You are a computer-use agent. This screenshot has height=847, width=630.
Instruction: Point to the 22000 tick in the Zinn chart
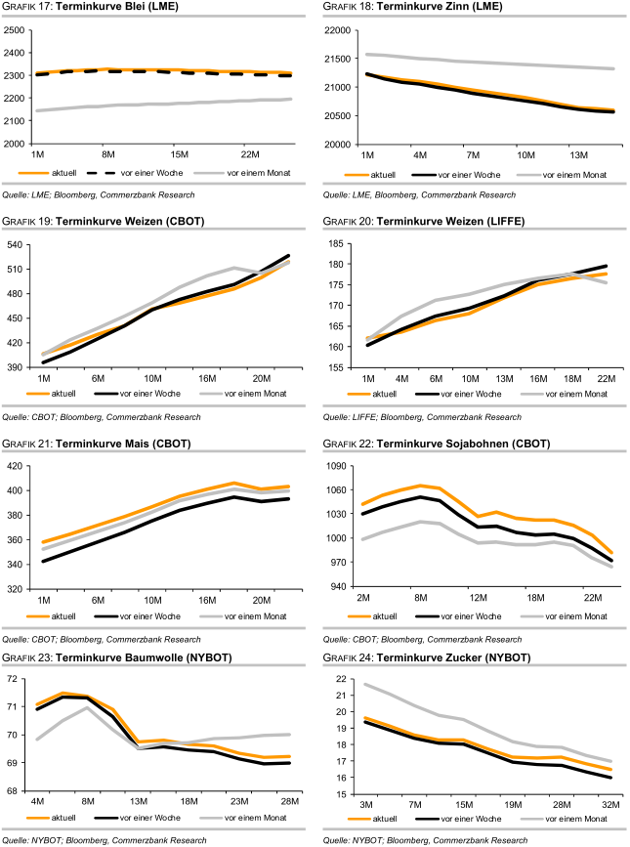(338, 29)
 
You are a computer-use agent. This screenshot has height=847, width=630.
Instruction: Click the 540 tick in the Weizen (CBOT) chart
(20, 243)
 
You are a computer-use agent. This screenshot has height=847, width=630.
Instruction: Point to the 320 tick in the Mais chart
(20, 589)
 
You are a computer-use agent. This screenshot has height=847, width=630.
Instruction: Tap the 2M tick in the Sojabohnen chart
(364, 598)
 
